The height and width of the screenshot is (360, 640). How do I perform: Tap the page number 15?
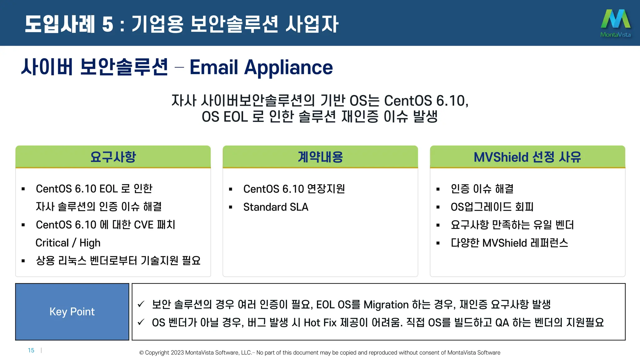(31, 350)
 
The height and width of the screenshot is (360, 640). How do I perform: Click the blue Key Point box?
(72, 312)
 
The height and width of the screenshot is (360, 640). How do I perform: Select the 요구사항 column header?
(113, 157)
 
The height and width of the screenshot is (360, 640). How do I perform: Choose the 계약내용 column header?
(320, 157)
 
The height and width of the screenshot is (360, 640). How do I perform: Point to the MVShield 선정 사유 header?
(527, 157)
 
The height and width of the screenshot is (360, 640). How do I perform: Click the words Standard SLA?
(276, 207)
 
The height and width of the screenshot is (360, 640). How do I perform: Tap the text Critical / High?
(68, 243)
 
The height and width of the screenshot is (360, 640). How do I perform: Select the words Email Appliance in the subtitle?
(261, 67)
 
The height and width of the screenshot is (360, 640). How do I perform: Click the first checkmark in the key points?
(141, 304)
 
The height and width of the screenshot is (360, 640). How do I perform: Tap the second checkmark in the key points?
(141, 322)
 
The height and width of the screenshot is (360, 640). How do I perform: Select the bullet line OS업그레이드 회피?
(492, 207)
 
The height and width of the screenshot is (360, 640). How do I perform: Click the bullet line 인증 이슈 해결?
(482, 189)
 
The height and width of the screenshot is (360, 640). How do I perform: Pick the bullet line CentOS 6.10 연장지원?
(294, 189)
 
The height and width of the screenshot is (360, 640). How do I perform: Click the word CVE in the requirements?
(144, 225)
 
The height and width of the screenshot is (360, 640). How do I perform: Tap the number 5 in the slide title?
(107, 24)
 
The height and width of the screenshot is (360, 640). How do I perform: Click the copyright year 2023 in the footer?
(177, 353)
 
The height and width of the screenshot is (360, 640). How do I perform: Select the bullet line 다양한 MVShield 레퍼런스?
(509, 243)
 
